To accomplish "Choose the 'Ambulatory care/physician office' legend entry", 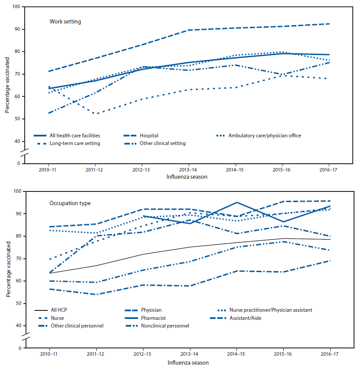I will pyautogui.click(x=265, y=136).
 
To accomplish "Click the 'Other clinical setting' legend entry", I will pyautogui.click(x=163, y=143).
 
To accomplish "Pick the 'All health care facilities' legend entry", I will pyautogui.click(x=79, y=136).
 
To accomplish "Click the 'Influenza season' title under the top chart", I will pyautogui.click(x=188, y=177).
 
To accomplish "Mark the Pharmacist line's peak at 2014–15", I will pyautogui.click(x=236, y=203).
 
